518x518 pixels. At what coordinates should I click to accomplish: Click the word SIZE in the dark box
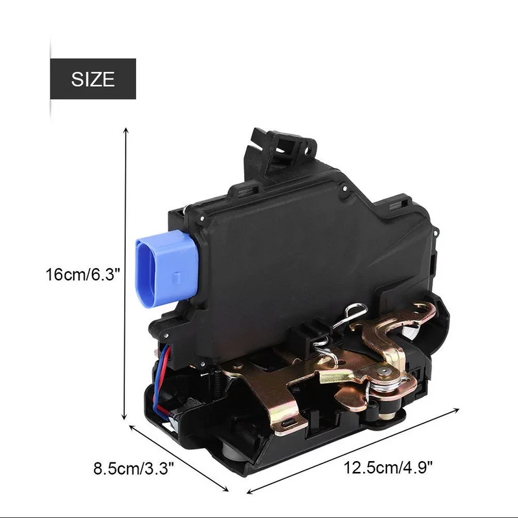93,79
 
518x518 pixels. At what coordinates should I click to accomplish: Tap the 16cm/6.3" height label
82,275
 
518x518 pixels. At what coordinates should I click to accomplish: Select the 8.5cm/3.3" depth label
133,468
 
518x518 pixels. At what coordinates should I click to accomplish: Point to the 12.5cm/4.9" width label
388,467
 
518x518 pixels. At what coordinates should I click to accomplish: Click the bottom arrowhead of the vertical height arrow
124,417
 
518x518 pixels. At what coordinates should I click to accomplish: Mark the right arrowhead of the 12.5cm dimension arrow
456,411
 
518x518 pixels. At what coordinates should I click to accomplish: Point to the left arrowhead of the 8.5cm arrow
132,427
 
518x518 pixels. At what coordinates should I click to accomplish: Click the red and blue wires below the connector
164,380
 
